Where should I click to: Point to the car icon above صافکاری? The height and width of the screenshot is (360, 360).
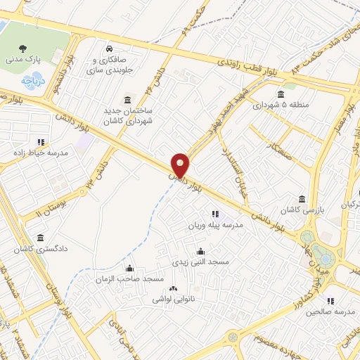pyautogui.click(x=109, y=49)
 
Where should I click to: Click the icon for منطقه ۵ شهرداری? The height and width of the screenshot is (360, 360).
pyautogui.click(x=281, y=94)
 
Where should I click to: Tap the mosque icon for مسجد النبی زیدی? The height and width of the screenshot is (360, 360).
pyautogui.click(x=201, y=251)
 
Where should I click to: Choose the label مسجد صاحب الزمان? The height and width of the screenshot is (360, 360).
pyautogui.click(x=129, y=279)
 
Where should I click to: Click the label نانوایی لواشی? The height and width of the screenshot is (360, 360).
pyautogui.click(x=174, y=300)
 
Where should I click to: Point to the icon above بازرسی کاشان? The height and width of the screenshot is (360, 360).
pyautogui.click(x=302, y=199)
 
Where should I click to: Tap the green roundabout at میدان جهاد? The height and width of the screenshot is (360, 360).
pyautogui.click(x=324, y=251)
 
